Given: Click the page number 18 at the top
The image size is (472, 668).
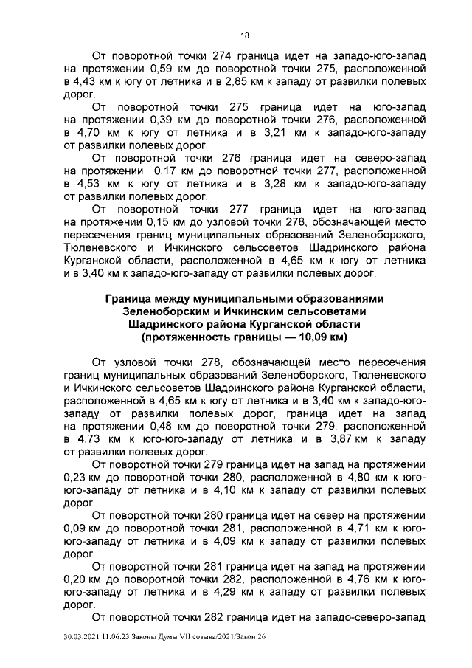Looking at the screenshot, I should [x=245, y=35].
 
